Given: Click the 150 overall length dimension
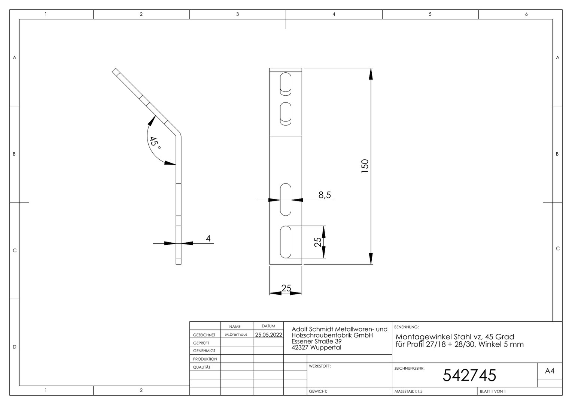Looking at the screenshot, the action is click(365, 166).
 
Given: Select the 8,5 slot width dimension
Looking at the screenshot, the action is click(325, 195).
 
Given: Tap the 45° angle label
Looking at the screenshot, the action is click(155, 144).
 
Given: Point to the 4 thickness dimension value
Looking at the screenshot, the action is click(208, 238).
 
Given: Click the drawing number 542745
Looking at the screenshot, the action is click(469, 375).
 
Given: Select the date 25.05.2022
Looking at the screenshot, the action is click(269, 334).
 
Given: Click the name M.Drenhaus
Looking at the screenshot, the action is click(236, 334).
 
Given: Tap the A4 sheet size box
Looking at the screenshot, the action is click(550, 371).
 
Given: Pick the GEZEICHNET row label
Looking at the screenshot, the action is click(204, 335).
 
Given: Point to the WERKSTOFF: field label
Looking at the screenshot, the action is click(320, 366).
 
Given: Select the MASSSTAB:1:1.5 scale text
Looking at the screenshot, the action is click(408, 391).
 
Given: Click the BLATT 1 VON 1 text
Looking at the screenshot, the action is click(493, 391).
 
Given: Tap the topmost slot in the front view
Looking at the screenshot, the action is click(286, 84).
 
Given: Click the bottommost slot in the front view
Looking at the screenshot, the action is click(286, 242).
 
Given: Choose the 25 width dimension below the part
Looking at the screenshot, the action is click(286, 288).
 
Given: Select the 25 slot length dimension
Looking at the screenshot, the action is click(317, 242).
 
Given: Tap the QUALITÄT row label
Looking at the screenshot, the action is click(202, 367).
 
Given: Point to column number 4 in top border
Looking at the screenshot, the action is click(334, 14).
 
